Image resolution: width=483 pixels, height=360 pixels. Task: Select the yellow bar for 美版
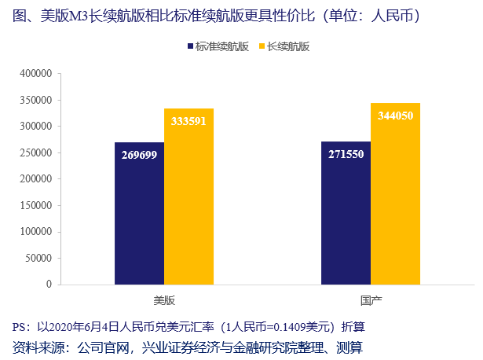[x=188, y=197]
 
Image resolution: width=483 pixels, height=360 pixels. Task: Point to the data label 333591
[x=188, y=120]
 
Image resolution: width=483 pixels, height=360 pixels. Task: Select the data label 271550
[x=346, y=153]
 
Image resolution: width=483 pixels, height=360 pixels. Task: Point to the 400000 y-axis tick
[x=36, y=74]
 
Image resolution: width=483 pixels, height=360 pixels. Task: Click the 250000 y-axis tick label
[x=36, y=152]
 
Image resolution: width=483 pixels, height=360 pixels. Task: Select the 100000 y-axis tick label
[x=36, y=231]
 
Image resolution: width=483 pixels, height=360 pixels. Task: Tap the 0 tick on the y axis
[x=48, y=284]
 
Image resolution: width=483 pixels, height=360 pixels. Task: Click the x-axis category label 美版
[x=164, y=301]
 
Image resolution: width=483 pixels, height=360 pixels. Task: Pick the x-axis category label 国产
[x=370, y=301]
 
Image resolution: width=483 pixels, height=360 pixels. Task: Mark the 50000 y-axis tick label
[x=38, y=258]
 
